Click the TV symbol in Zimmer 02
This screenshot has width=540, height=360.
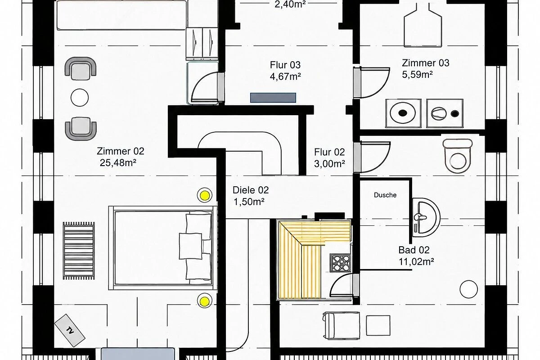70,330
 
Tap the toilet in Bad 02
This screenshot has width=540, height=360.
458,156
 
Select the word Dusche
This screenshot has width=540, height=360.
385,195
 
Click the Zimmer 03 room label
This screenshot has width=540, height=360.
426,63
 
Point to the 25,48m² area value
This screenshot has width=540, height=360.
118,163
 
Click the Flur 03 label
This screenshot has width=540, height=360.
285,65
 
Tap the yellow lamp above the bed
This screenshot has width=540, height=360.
205,195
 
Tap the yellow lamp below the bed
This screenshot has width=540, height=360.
205,301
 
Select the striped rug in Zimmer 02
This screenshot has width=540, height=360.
79,251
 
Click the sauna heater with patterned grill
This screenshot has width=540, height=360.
340,263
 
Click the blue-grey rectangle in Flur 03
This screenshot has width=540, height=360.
273,98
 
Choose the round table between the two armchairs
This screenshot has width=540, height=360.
80,98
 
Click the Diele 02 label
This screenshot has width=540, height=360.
251,190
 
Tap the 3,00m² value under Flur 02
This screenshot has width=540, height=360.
329,164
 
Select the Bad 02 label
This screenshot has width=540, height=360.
414,250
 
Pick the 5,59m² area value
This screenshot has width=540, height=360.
417,75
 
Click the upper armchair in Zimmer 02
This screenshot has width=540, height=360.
81,68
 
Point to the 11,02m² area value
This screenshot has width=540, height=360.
416,261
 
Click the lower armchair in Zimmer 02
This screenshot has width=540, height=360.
81,129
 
